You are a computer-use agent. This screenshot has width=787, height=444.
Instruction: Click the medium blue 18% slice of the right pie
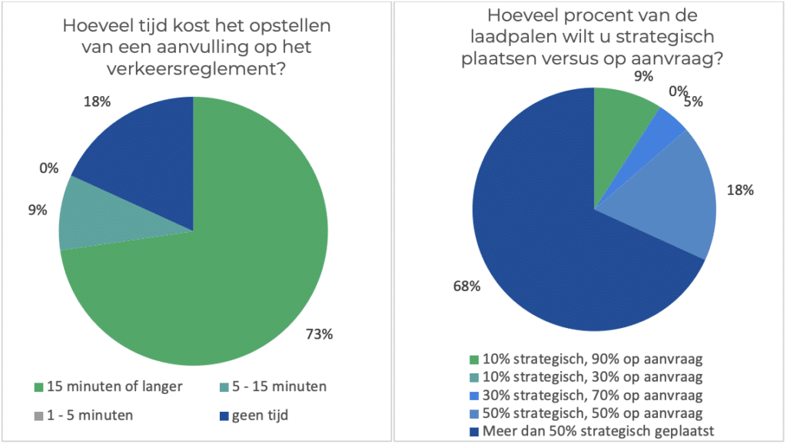coord(676,200)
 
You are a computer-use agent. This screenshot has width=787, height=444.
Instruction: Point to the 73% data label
coord(317,333)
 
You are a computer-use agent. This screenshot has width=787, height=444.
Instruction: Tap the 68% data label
coord(467,287)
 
